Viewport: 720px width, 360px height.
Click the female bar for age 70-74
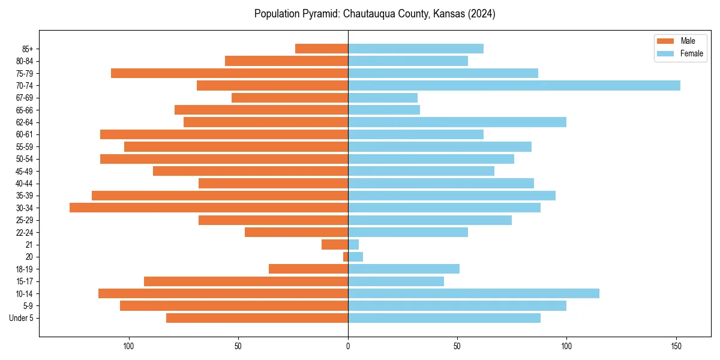click(514, 85)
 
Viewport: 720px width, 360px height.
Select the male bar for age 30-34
click(209, 208)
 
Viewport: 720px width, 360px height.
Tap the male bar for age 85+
click(322, 49)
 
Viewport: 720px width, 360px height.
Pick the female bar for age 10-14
click(473, 293)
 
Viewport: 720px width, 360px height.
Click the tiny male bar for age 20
click(346, 257)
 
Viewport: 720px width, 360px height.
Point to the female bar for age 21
click(353, 244)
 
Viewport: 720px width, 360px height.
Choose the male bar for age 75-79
click(230, 73)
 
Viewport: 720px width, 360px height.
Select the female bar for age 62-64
click(457, 122)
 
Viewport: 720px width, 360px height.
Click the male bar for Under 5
click(257, 318)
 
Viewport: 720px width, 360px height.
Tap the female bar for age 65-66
click(384, 110)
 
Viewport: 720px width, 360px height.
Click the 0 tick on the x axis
click(348, 346)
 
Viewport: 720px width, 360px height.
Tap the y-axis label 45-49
click(25, 171)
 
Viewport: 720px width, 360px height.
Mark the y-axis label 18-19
click(25, 269)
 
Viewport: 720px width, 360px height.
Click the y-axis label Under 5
click(21, 318)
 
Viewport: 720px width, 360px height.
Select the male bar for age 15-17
click(246, 281)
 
